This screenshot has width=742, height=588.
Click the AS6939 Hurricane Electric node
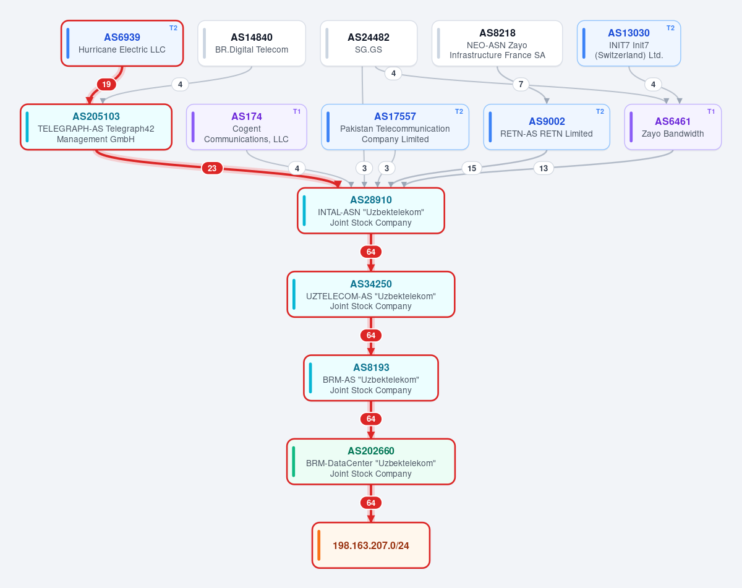122,43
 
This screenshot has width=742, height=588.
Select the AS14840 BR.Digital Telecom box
252,43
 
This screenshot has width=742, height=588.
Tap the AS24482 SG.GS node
369,43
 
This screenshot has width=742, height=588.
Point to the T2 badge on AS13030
670,28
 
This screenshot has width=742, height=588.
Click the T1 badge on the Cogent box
297,111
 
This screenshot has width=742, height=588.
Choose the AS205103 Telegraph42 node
96,127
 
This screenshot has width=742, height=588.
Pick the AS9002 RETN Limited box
547,127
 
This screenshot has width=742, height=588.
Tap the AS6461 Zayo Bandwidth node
673,127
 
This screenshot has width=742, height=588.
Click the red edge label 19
106,84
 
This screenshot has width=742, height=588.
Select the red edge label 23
212,168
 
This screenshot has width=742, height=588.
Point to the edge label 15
472,168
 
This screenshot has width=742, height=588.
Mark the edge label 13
544,168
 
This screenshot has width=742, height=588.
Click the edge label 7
521,84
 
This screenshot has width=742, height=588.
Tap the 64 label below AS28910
371,252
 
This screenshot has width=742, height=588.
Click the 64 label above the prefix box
371,503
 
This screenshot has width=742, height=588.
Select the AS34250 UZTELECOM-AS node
371,294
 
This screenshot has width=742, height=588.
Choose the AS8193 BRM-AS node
371,378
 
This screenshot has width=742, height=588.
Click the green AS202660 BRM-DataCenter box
371,461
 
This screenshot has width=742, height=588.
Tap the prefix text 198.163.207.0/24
371,545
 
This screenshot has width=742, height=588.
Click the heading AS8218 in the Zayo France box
497,33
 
